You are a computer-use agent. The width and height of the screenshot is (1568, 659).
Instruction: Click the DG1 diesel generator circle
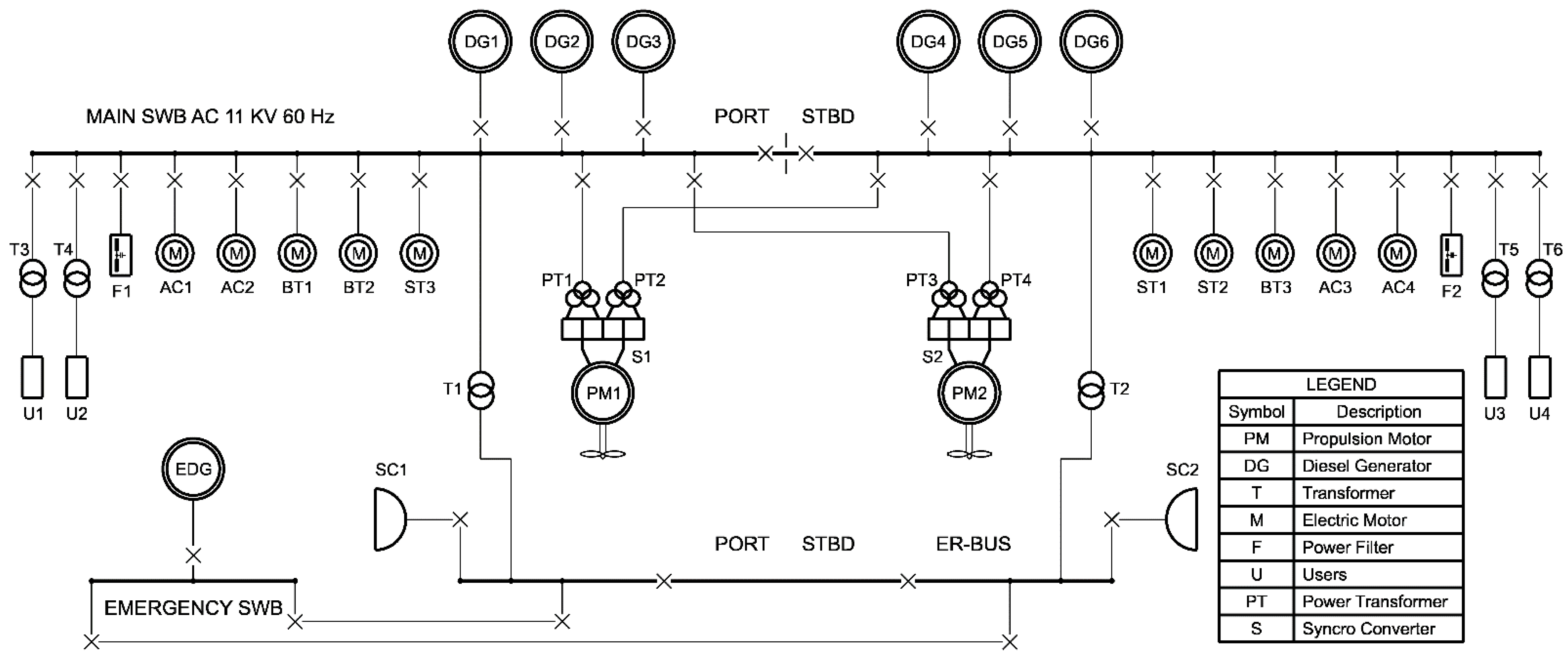pyautogui.click(x=480, y=41)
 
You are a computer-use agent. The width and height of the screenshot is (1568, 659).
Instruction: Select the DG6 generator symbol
pyautogui.click(x=1091, y=41)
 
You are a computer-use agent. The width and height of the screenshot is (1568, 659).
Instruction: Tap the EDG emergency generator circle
pyautogui.click(x=193, y=469)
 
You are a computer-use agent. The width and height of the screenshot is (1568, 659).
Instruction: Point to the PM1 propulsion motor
pyautogui.click(x=603, y=393)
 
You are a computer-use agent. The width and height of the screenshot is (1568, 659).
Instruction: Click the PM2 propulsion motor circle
pyautogui.click(x=968, y=393)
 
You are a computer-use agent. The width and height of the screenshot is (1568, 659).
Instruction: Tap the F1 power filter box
pyautogui.click(x=120, y=255)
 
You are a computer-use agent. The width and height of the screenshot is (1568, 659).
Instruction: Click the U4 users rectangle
pyautogui.click(x=1539, y=377)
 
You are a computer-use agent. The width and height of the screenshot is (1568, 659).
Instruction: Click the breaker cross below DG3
pyautogui.click(x=643, y=128)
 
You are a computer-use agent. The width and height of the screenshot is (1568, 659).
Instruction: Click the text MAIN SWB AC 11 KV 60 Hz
pyautogui.click(x=210, y=116)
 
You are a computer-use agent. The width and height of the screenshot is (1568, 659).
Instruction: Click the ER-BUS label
pyautogui.click(x=973, y=543)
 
